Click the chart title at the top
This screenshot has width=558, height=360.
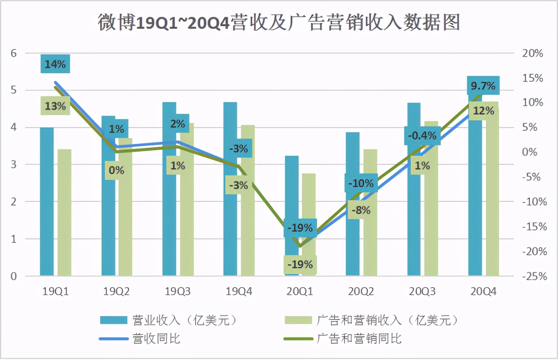tap(279, 22)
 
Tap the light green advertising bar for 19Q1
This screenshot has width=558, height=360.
tap(64, 212)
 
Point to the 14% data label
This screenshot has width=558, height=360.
tap(55, 64)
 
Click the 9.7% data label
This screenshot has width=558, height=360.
tap(483, 86)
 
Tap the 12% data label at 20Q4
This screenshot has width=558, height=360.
tap(483, 110)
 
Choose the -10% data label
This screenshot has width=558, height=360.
tap(361, 183)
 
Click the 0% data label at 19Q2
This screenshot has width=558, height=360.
tap(117, 170)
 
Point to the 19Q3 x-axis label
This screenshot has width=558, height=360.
tap(178, 291)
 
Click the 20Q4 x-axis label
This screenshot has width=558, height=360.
tap(483, 291)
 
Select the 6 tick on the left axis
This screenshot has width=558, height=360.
tap(14, 53)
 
